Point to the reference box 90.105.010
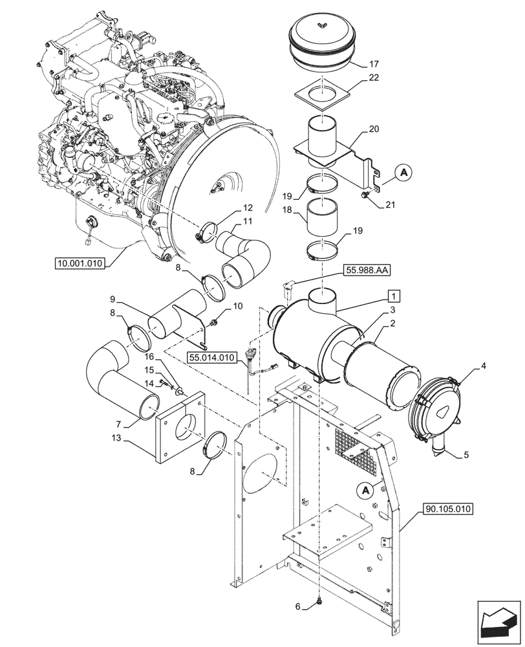point(450,509)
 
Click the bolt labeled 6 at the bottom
point(319,604)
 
